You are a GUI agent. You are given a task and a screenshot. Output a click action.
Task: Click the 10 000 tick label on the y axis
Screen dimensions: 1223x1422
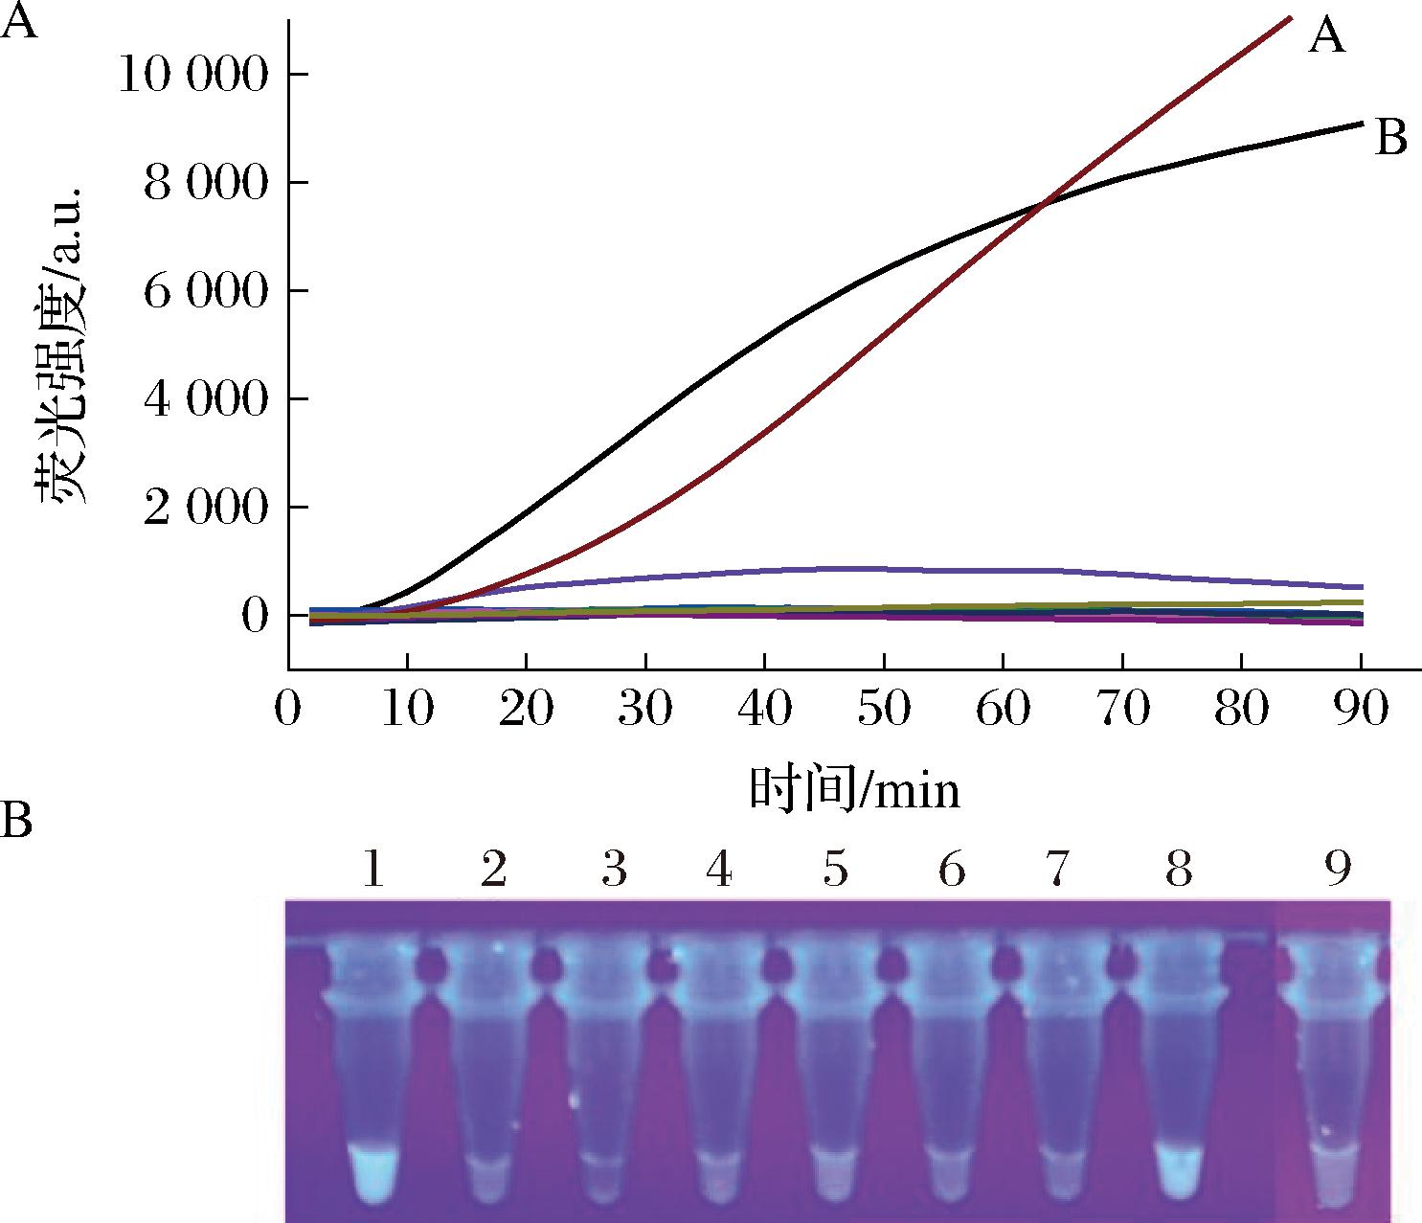pyautogui.click(x=192, y=76)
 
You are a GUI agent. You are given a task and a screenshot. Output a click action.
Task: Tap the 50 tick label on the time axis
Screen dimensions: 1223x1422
pyautogui.click(x=884, y=710)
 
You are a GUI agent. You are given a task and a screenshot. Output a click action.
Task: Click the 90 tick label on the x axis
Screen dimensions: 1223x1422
pyautogui.click(x=1361, y=710)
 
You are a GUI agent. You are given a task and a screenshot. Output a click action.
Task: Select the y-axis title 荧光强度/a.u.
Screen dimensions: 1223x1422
pyautogui.click(x=63, y=345)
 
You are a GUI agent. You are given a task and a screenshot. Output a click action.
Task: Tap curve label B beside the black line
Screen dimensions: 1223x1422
pyautogui.click(x=1390, y=138)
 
